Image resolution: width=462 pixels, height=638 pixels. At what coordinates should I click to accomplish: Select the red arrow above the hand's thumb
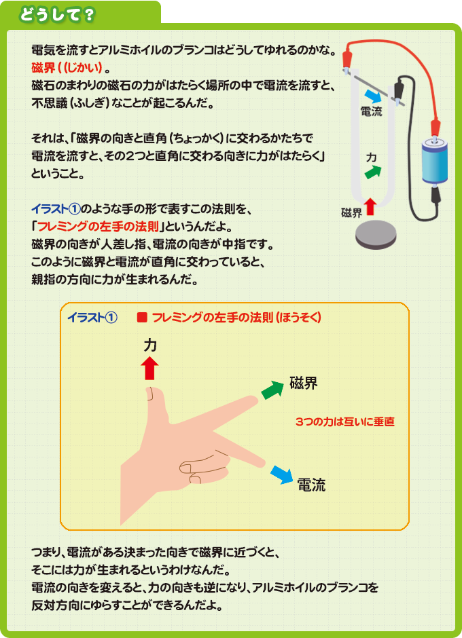pos(149,369)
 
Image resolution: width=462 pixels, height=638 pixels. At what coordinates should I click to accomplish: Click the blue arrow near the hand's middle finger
pos(281,472)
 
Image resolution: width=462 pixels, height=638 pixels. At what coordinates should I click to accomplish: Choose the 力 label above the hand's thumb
pos(150,345)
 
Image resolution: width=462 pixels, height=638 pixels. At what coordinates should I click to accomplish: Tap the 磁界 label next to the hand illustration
pos(304,383)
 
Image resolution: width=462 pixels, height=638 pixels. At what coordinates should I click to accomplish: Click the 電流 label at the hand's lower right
pos(311,485)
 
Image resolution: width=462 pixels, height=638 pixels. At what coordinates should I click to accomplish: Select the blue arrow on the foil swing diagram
pos(372,96)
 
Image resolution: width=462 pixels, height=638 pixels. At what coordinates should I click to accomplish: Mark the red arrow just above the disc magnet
pos(370,204)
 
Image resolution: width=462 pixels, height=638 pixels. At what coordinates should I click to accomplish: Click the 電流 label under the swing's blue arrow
pos(370,112)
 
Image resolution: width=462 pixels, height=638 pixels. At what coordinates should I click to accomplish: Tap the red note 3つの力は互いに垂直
pos(345,421)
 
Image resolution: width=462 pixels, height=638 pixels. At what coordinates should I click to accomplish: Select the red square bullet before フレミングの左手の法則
pos(143,318)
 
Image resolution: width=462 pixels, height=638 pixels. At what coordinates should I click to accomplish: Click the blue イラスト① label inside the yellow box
pos(92,318)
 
